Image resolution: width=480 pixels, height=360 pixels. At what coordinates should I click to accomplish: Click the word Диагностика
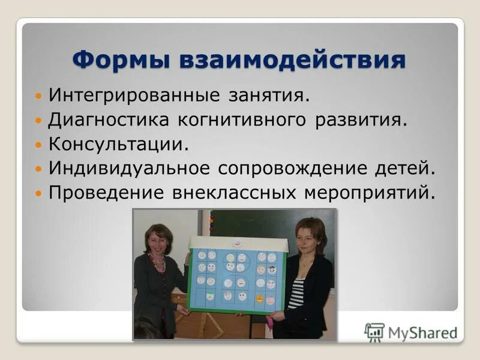[x=109, y=120]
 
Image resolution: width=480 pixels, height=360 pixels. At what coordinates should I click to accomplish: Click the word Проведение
[x=106, y=193]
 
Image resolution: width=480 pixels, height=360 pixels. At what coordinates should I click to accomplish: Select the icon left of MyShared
[x=374, y=332]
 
